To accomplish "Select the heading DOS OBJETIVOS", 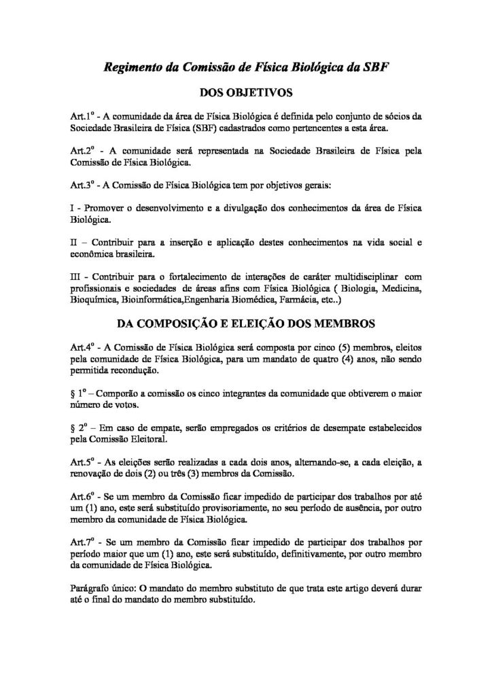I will pos(246,92).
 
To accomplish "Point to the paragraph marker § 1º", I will pos(78,394).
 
